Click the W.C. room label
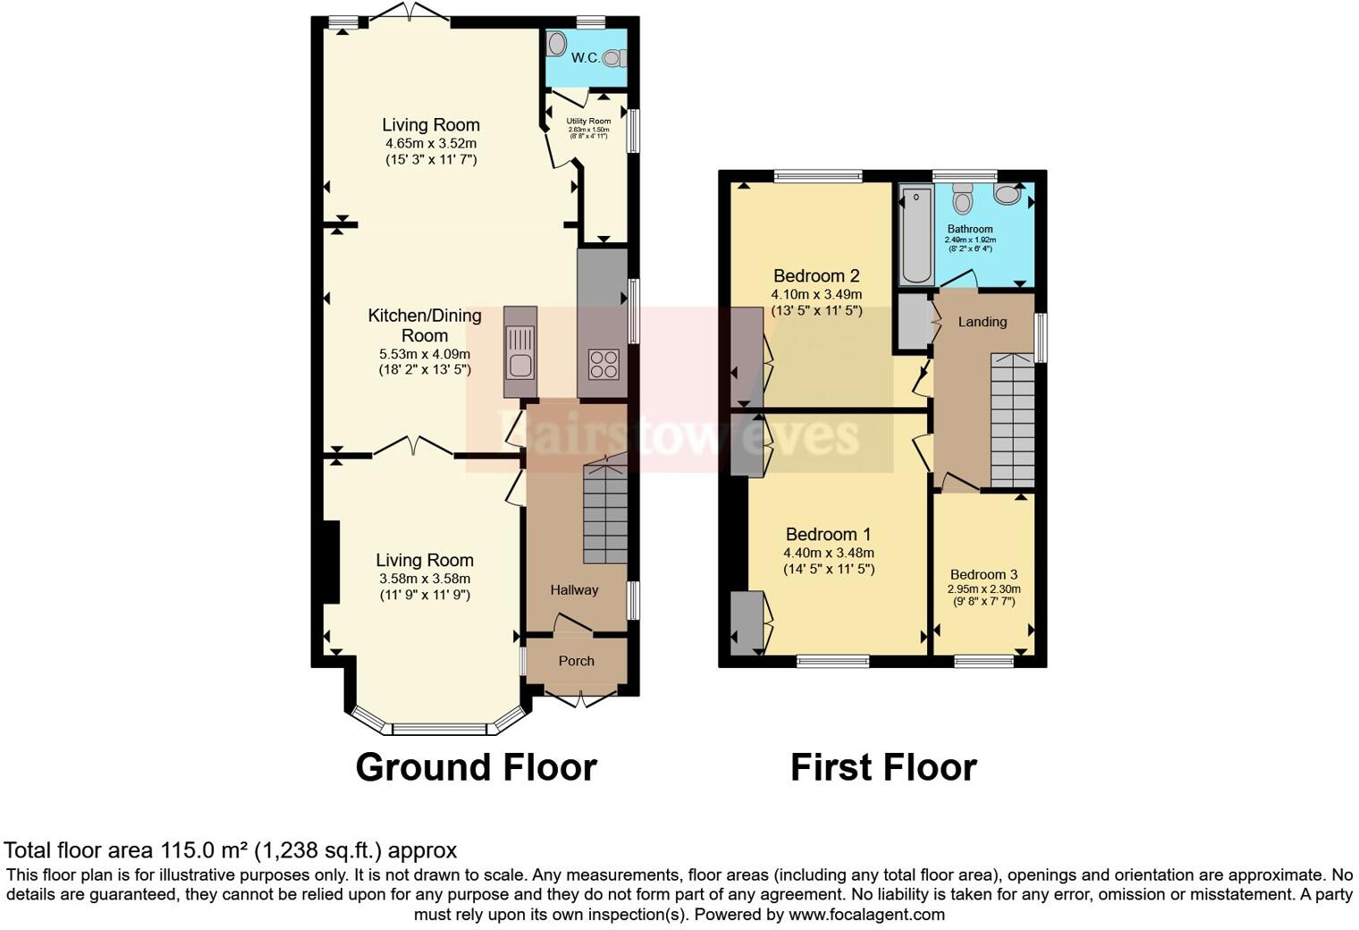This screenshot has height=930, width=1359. click(x=585, y=58)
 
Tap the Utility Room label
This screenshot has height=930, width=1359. click(x=588, y=121)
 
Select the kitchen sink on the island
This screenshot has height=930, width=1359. click(x=519, y=351)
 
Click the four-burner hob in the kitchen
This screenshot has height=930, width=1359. click(x=603, y=364)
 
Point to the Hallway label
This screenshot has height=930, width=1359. click(x=574, y=589)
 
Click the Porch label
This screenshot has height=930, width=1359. click(x=576, y=661)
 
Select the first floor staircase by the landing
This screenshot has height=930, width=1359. click(x=1011, y=420)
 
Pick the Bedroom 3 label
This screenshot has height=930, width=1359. click(x=983, y=574)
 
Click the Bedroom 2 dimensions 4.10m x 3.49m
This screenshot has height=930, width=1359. click(x=816, y=294)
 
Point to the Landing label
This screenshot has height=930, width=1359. click(x=982, y=322)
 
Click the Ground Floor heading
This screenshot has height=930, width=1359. click(x=476, y=767)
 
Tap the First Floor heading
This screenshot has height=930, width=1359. click(x=883, y=767)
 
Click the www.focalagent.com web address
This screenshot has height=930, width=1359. click(x=866, y=914)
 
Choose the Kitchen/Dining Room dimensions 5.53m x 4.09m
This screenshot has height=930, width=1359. click(x=424, y=354)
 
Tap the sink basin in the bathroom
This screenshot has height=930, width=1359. click(x=1007, y=193)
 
